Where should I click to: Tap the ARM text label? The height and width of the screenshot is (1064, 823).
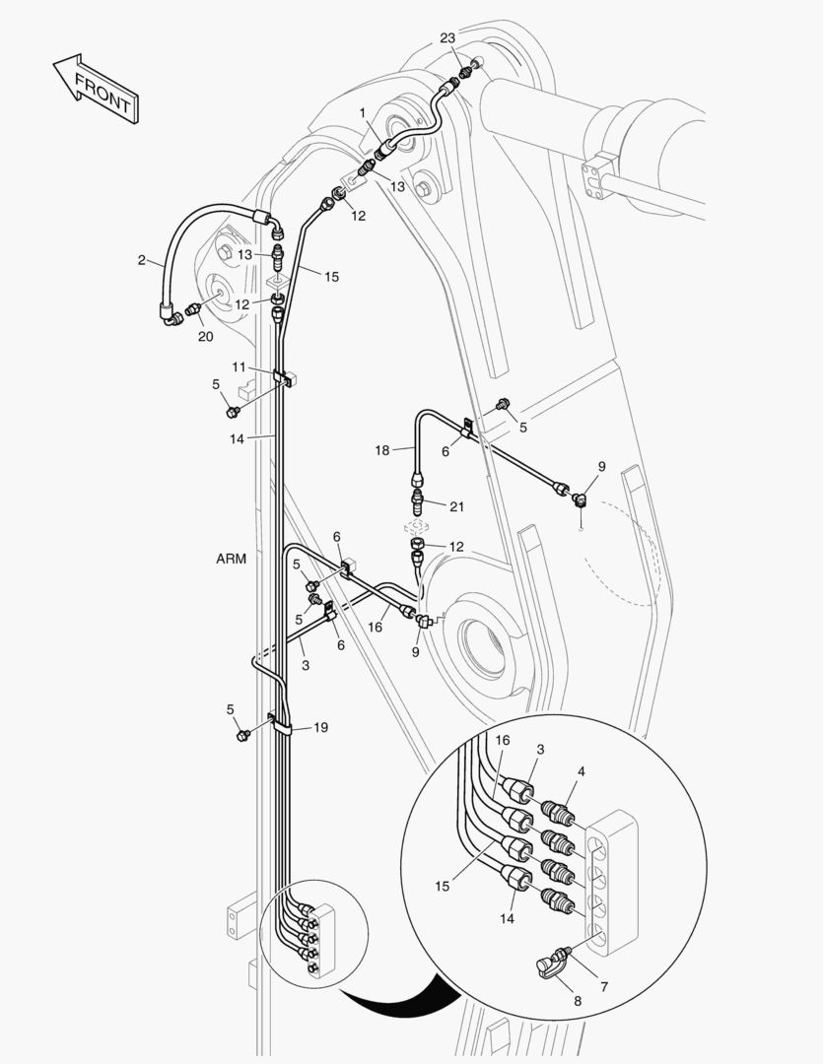click(x=231, y=559)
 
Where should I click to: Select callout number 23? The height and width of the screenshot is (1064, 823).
click(x=447, y=38)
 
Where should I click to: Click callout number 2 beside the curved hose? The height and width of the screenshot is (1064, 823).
click(x=142, y=260)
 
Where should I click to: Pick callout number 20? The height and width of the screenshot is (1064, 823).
click(x=205, y=336)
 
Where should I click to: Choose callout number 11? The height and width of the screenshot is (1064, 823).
click(x=240, y=366)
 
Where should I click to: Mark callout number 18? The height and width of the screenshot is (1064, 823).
click(x=381, y=449)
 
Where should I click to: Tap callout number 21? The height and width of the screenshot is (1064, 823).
click(x=455, y=506)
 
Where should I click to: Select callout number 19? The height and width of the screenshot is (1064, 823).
click(x=321, y=727)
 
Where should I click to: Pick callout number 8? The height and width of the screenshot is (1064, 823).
click(x=578, y=1000)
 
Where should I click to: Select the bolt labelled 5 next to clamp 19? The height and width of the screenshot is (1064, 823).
click(x=242, y=735)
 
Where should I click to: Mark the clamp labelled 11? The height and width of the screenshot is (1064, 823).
click(x=281, y=376)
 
